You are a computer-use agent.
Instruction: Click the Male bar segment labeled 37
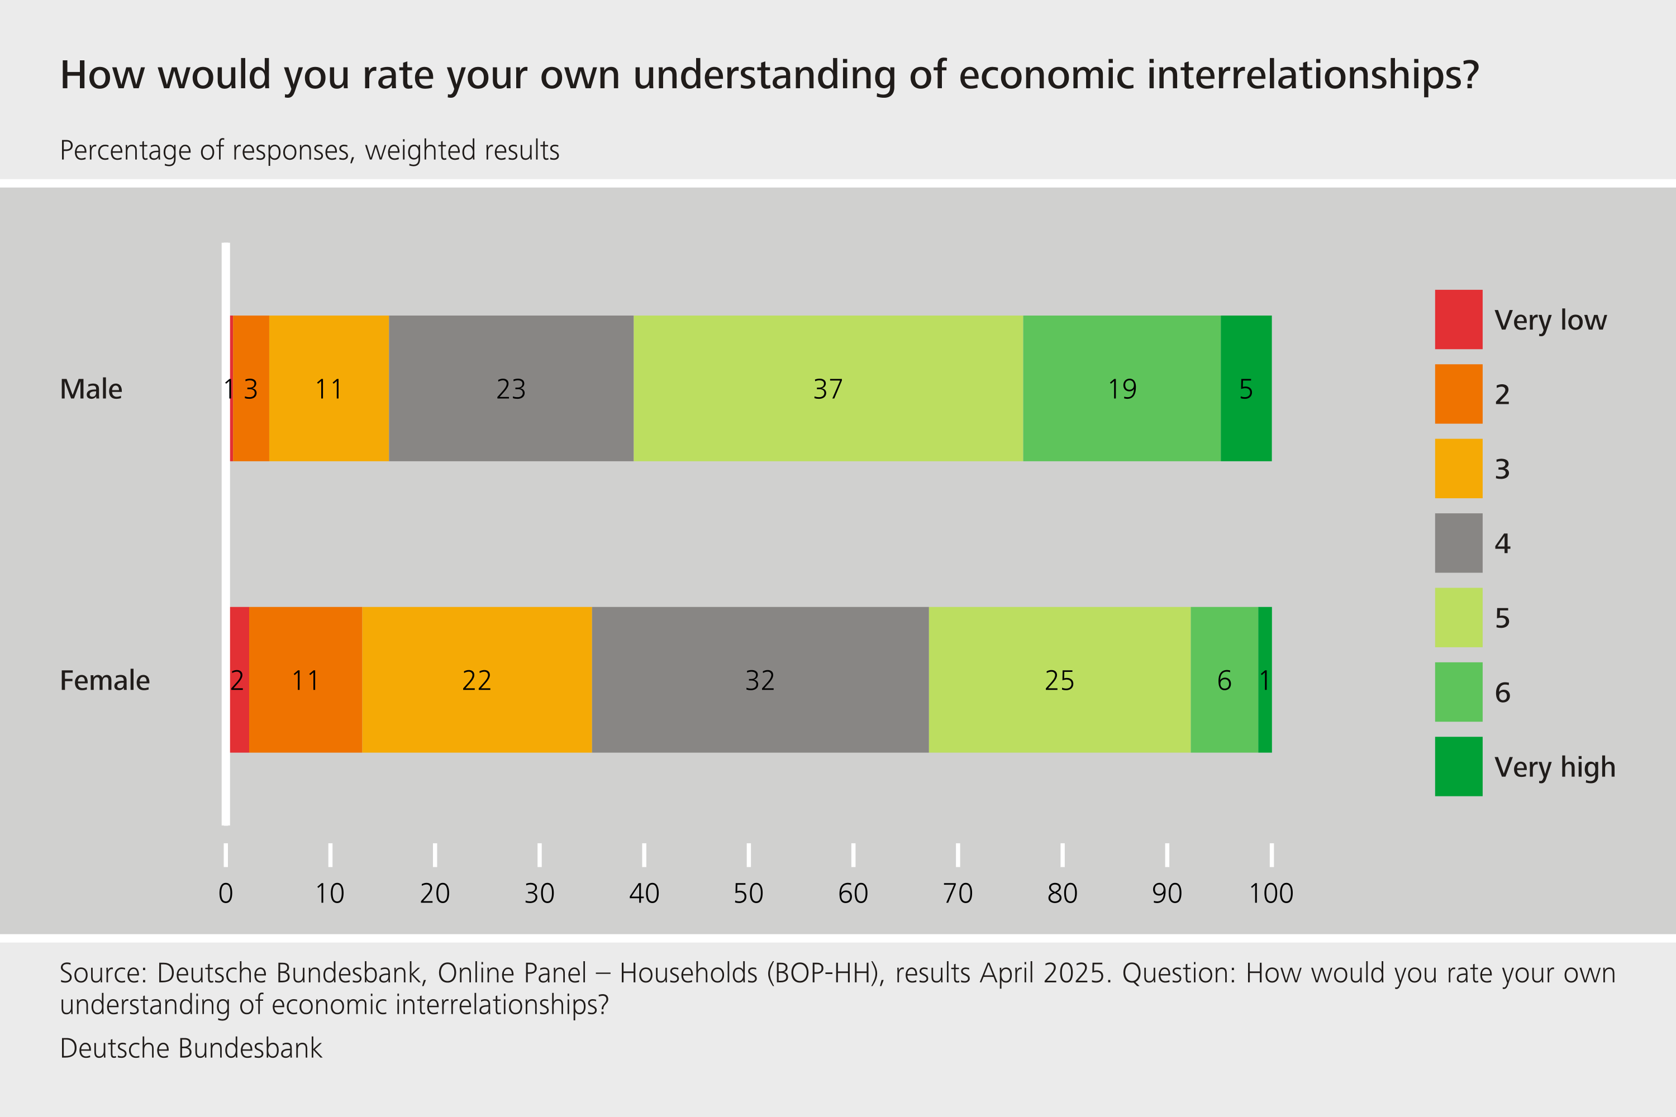pos(828,388)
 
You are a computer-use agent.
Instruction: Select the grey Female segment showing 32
pos(760,680)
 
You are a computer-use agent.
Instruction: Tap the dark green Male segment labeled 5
pos(1246,388)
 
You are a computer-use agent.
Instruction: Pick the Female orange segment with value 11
pos(305,680)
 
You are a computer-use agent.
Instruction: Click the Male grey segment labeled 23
pos(511,388)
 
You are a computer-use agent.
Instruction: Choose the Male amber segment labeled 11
pos(328,388)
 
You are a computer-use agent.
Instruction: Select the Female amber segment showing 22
pos(476,680)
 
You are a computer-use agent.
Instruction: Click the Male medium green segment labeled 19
pos(1122,388)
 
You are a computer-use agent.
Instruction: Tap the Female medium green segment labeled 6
pos(1223,680)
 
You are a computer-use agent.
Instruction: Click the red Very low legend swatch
pos(1458,319)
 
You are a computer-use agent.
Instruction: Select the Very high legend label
pos(1554,767)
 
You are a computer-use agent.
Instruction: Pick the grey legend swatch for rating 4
pos(1458,543)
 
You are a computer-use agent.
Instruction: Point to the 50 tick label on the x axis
pos(748,893)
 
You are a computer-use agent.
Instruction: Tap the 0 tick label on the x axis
pos(226,893)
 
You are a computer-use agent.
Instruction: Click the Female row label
pos(105,680)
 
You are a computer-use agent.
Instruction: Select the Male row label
pos(91,389)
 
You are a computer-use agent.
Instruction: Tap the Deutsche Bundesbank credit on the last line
pos(191,1048)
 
